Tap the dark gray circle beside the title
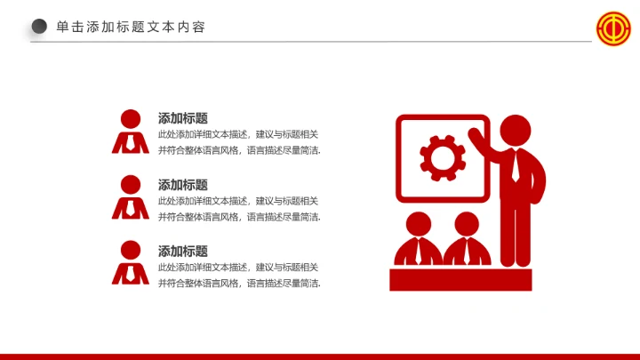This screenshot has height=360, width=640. point(39,27)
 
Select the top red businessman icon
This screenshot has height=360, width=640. point(131,132)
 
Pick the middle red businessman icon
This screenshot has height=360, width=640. point(131,198)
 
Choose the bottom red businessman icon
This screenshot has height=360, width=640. point(131,264)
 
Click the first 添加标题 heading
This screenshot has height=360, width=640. point(183,118)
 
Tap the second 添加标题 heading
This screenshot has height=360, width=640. point(183,185)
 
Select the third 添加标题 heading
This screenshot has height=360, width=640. point(183,252)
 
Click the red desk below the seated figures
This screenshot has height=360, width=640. point(460,279)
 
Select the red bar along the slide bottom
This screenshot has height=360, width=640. point(320,356)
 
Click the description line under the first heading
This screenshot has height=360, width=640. point(238,135)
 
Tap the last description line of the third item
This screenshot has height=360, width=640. point(238,284)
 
